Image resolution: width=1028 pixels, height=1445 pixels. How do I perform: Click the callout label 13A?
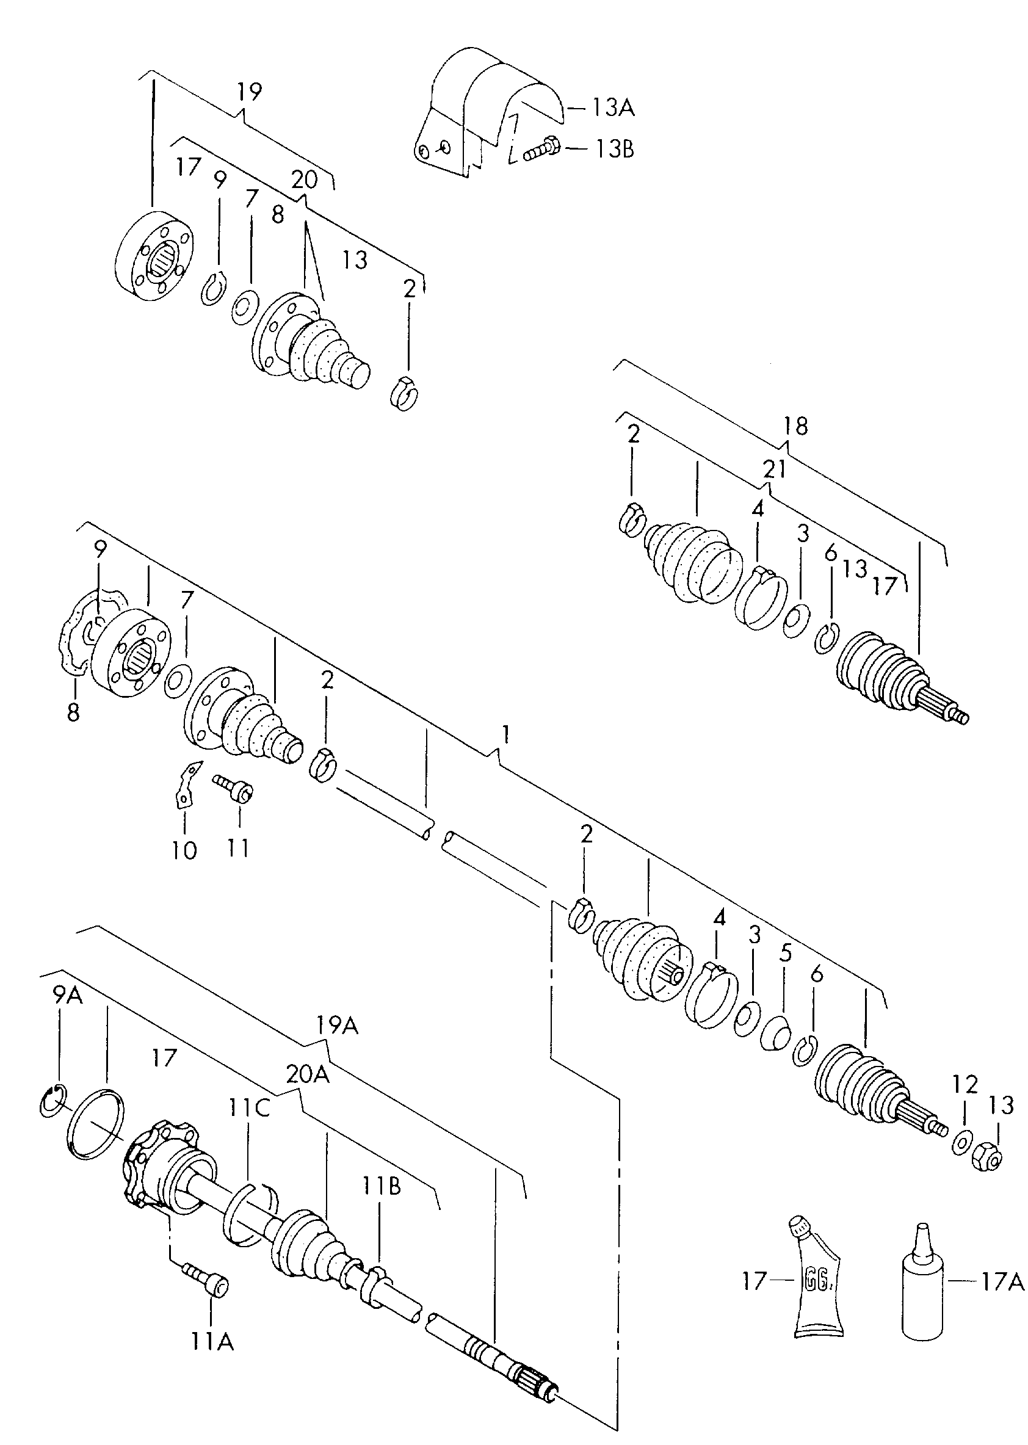tap(613, 108)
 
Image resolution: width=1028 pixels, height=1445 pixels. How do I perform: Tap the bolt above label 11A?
tap(206, 1282)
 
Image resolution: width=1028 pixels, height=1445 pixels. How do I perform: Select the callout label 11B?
tap(382, 1186)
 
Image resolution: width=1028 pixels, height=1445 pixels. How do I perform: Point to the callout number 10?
tap(184, 850)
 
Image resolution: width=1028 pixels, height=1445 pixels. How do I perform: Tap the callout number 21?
tap(774, 468)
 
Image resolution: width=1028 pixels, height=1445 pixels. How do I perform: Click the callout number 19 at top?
tap(250, 92)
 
